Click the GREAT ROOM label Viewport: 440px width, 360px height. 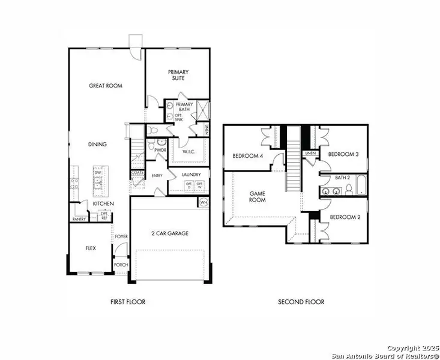click(106, 86)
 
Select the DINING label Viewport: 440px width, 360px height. click(97, 144)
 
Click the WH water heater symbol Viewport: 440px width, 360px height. click(203, 203)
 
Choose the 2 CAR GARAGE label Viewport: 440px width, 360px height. click(169, 233)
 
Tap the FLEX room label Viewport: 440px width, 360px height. click(90, 247)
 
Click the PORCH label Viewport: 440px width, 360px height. click(121, 265)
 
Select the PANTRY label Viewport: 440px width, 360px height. click(79, 219)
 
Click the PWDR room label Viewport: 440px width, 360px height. click(160, 150)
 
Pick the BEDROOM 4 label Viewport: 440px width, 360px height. click(248, 157)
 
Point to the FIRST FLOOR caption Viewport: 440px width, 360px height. click(127, 302)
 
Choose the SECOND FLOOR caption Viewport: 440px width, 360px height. click(301, 302)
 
